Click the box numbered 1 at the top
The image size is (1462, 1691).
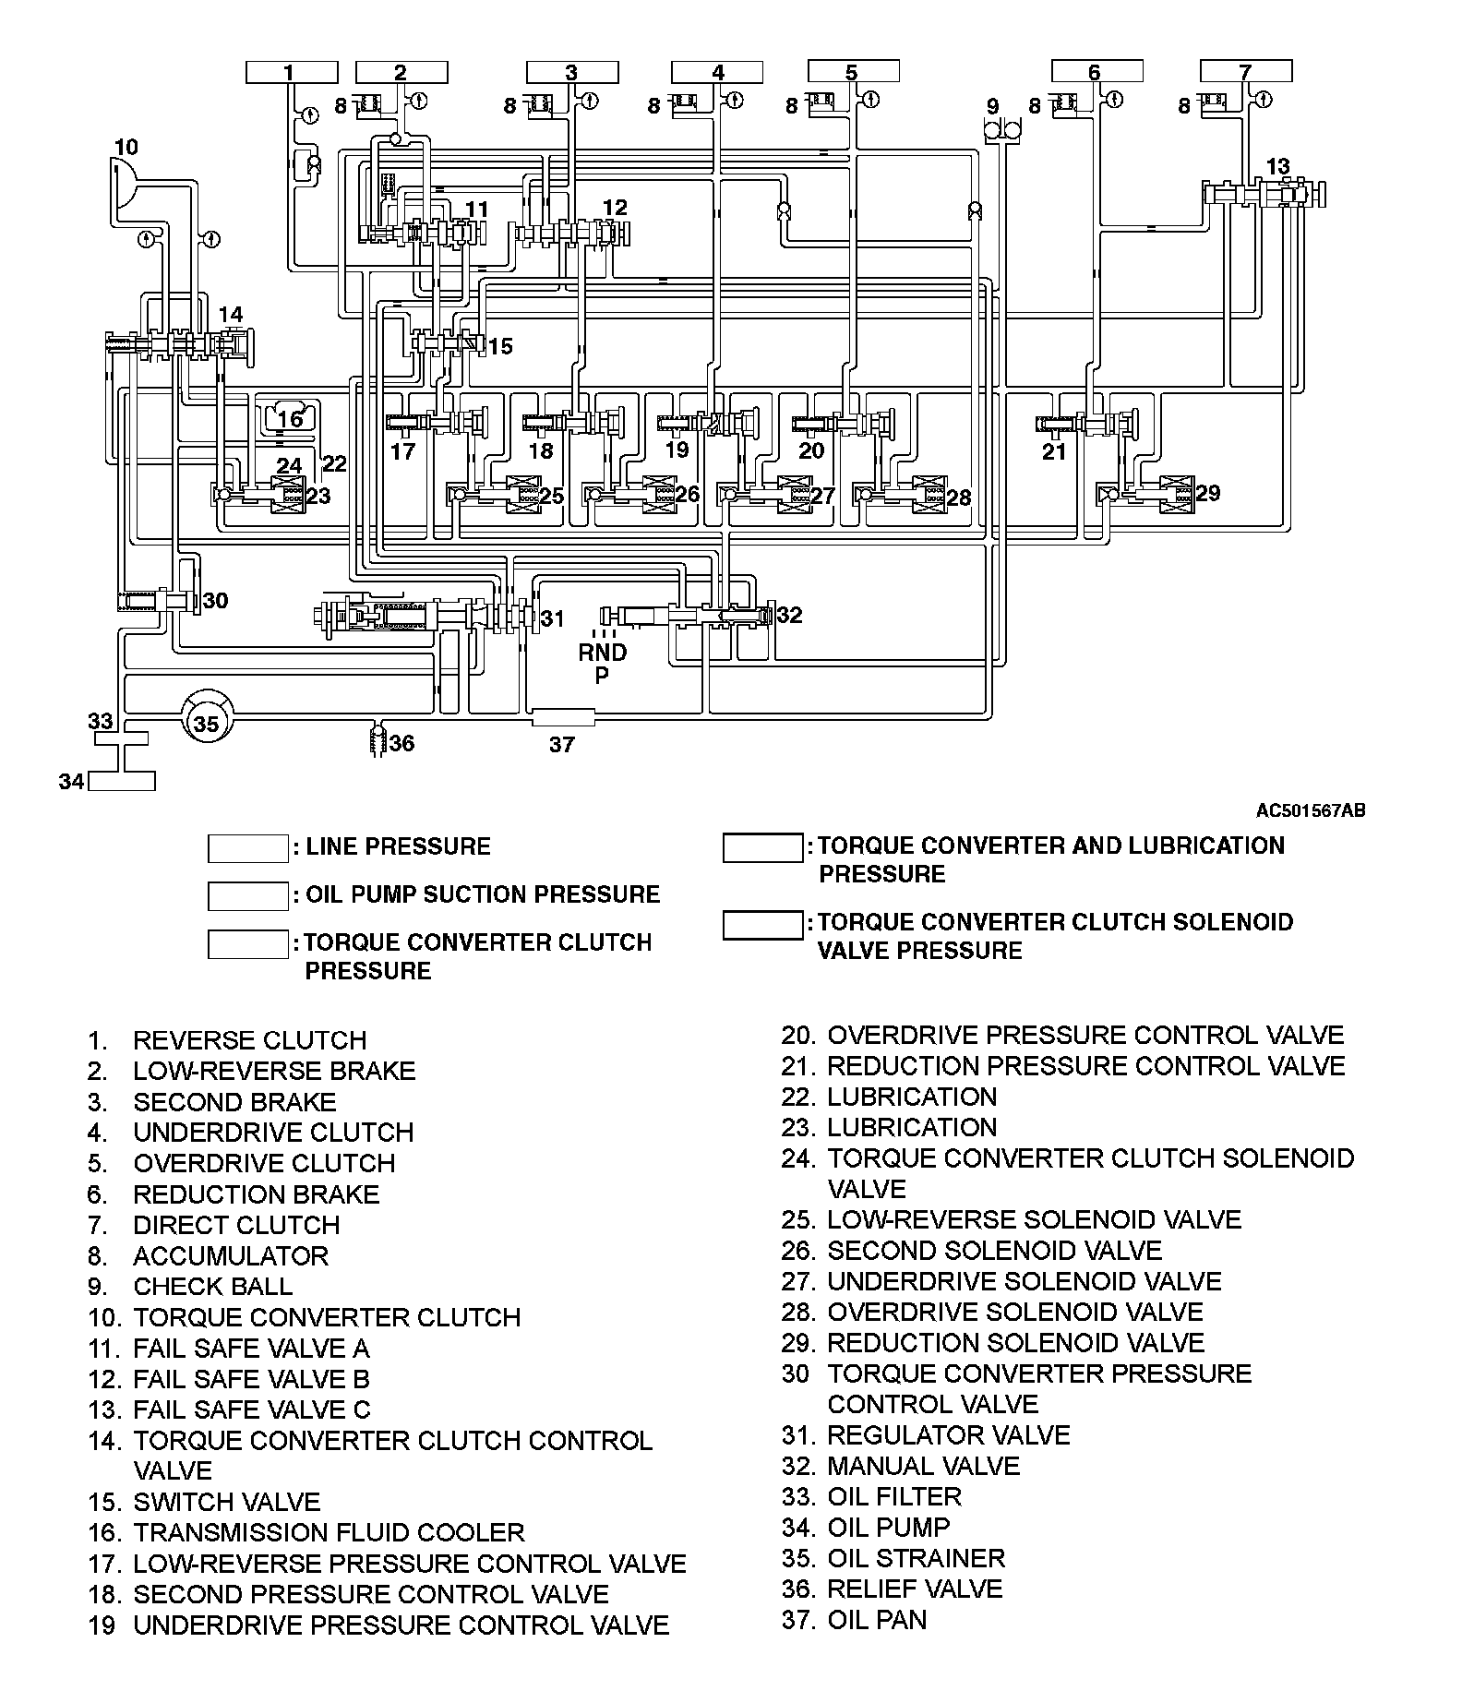[x=292, y=72]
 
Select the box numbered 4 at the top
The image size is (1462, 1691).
[x=717, y=72]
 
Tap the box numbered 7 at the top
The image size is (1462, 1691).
[x=1245, y=72]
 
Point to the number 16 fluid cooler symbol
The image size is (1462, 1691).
[x=290, y=418]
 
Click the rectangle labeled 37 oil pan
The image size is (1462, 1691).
[x=563, y=717]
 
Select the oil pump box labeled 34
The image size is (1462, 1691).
[x=122, y=782]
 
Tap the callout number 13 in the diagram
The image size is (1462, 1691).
[x=1277, y=166]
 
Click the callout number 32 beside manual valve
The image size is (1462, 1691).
[x=789, y=615]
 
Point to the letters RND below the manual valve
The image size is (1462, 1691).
[x=603, y=653]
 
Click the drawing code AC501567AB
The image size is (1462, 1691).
[x=1310, y=811]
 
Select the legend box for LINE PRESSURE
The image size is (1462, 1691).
[x=247, y=847]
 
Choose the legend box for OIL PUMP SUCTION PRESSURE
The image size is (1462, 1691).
[x=247, y=895]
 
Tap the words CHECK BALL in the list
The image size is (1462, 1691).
[x=212, y=1287]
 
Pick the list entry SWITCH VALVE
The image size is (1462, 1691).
[x=226, y=1503]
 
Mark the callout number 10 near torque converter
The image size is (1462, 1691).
[x=126, y=147]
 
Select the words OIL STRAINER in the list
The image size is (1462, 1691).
[x=916, y=1558]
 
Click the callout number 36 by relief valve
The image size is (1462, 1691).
[x=401, y=743]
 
